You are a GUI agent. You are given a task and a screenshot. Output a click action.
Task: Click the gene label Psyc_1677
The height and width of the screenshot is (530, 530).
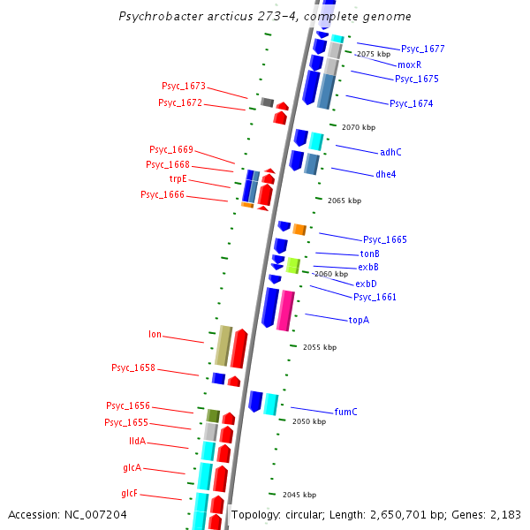[x=422, y=49]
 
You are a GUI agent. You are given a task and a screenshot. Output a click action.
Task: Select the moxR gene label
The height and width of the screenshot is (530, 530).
[x=409, y=64]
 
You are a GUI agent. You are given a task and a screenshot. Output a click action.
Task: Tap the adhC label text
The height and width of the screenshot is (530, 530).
[x=390, y=152]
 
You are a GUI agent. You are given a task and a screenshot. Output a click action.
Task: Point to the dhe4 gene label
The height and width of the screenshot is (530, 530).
[x=385, y=174]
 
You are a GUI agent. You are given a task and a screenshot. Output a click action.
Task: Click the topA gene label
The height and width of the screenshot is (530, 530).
[x=359, y=320]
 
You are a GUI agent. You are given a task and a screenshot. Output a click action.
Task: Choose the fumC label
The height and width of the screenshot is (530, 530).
[x=345, y=412]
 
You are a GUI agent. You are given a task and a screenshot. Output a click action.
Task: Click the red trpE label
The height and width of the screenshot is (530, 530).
[x=178, y=178]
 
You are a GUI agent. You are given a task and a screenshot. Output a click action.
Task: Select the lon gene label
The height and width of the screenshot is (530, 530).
[x=155, y=335]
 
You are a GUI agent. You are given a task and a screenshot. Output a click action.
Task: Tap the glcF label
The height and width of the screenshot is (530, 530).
[x=129, y=493]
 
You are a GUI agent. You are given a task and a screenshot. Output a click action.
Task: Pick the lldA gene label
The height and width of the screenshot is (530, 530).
[x=137, y=442]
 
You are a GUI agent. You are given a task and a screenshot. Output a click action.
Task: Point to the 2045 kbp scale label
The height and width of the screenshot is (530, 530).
[x=299, y=495]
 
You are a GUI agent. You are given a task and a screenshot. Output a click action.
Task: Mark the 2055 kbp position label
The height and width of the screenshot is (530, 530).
[x=319, y=347]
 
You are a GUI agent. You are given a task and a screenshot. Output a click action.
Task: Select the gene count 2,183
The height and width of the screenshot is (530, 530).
[x=505, y=514]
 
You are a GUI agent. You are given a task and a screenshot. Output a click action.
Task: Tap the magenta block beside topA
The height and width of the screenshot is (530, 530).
[x=285, y=310]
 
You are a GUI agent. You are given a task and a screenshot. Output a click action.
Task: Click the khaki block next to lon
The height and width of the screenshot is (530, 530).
[x=223, y=345]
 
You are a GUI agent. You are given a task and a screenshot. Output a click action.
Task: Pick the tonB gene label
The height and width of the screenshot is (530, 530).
[x=369, y=254]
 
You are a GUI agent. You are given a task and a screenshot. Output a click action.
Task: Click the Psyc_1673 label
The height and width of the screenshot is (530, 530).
[x=183, y=86]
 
